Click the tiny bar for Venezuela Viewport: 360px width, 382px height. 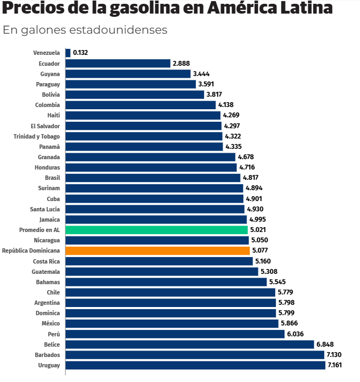pyautogui.click(x=68, y=53)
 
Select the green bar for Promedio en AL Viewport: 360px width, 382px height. pyautogui.click(x=156, y=230)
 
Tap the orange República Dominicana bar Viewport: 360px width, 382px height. pyautogui.click(x=157, y=251)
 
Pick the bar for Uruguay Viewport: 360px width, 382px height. pyautogui.click(x=195, y=365)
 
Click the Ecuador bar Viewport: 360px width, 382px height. pyautogui.click(x=118, y=63)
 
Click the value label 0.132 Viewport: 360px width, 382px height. pyautogui.click(x=80, y=53)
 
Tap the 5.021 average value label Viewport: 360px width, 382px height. pyautogui.click(x=258, y=230)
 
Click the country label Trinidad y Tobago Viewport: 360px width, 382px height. pyautogui.click(x=36, y=136)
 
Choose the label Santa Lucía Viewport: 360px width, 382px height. pyautogui.click(x=45, y=209)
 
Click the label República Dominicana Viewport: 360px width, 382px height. pyautogui.click(x=31, y=251)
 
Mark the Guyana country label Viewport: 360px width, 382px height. pyautogui.click(x=50, y=74)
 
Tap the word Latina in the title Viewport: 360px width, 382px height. pyautogui.click(x=306, y=8)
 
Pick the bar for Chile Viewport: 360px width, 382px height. pyautogui.click(x=170, y=292)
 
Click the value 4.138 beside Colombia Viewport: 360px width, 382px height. pyautogui.click(x=226, y=105)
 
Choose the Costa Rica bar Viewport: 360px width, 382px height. pyautogui.click(x=159, y=261)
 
